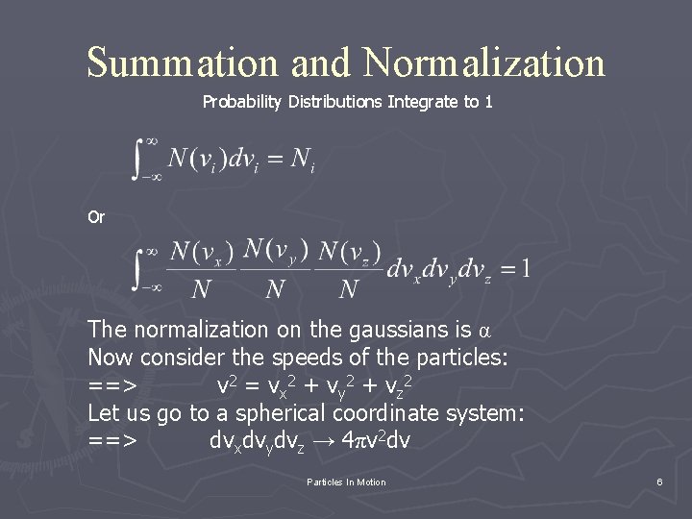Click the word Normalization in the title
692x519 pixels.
click(x=484, y=62)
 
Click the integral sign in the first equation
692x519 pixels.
click(x=144, y=158)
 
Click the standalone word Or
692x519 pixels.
click(x=96, y=217)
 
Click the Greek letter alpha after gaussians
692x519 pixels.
click(x=484, y=332)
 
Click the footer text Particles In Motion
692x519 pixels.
click(x=345, y=482)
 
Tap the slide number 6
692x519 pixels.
click(x=659, y=482)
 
